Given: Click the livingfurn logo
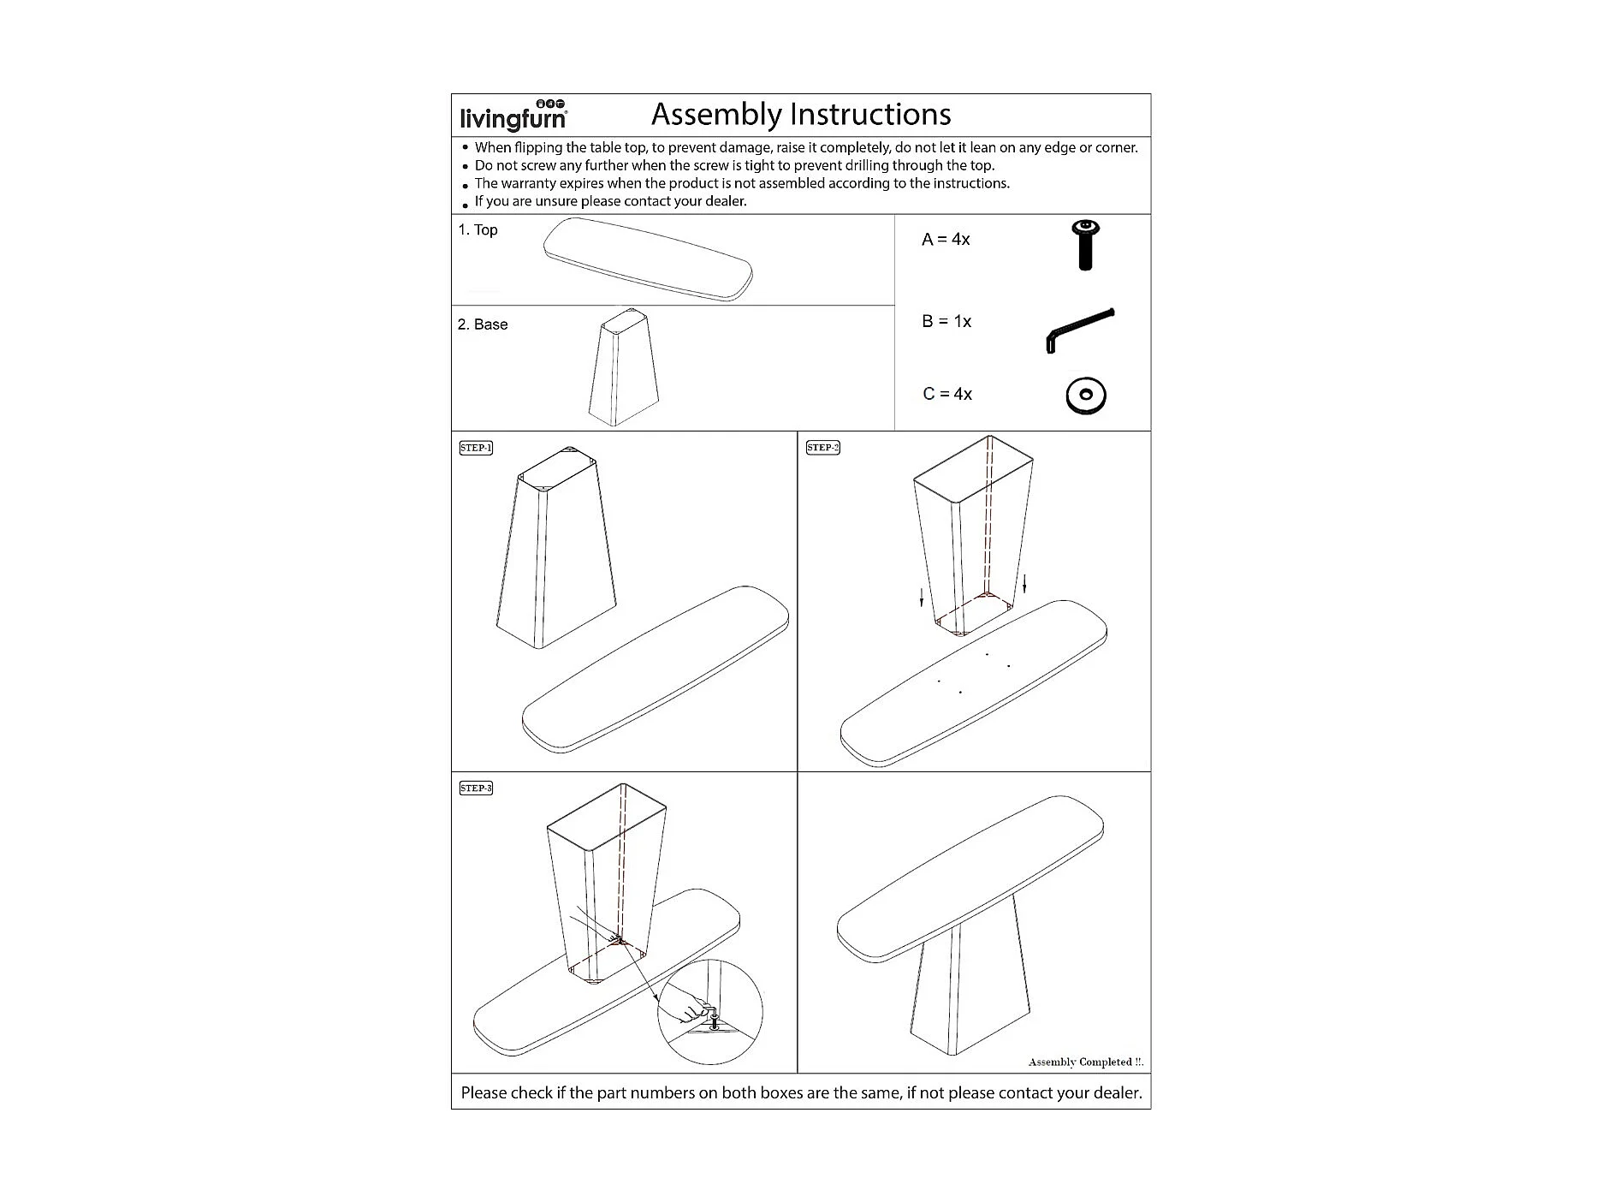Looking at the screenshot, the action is pos(513,116).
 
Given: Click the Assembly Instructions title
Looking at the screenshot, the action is pos(801,114).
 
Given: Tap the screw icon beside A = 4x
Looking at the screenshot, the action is pos(1085,245).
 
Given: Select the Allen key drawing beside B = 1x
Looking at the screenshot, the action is pos(1080,329).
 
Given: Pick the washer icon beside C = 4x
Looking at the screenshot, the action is pos(1086,396).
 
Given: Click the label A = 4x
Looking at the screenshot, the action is pos(946,240).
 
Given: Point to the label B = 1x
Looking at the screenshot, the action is pos(946,322).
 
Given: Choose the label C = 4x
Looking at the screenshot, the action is pos(947,395).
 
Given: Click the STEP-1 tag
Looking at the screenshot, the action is pos(476,448).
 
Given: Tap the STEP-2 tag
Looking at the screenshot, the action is pos(823,448).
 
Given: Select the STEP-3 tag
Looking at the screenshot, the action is pos(476,788).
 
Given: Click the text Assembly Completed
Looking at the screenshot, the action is pos(1084,1062).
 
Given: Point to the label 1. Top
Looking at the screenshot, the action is pos(478,230).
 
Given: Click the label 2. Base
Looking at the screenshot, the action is pos(483,325).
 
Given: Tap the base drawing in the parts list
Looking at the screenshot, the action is pos(624,368).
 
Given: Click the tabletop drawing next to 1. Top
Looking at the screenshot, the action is pos(648,259).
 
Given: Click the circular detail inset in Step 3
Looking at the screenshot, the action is pos(709,1012).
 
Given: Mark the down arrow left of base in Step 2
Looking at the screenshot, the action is pos(922,597).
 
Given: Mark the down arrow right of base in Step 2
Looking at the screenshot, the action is pos(1024,584).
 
